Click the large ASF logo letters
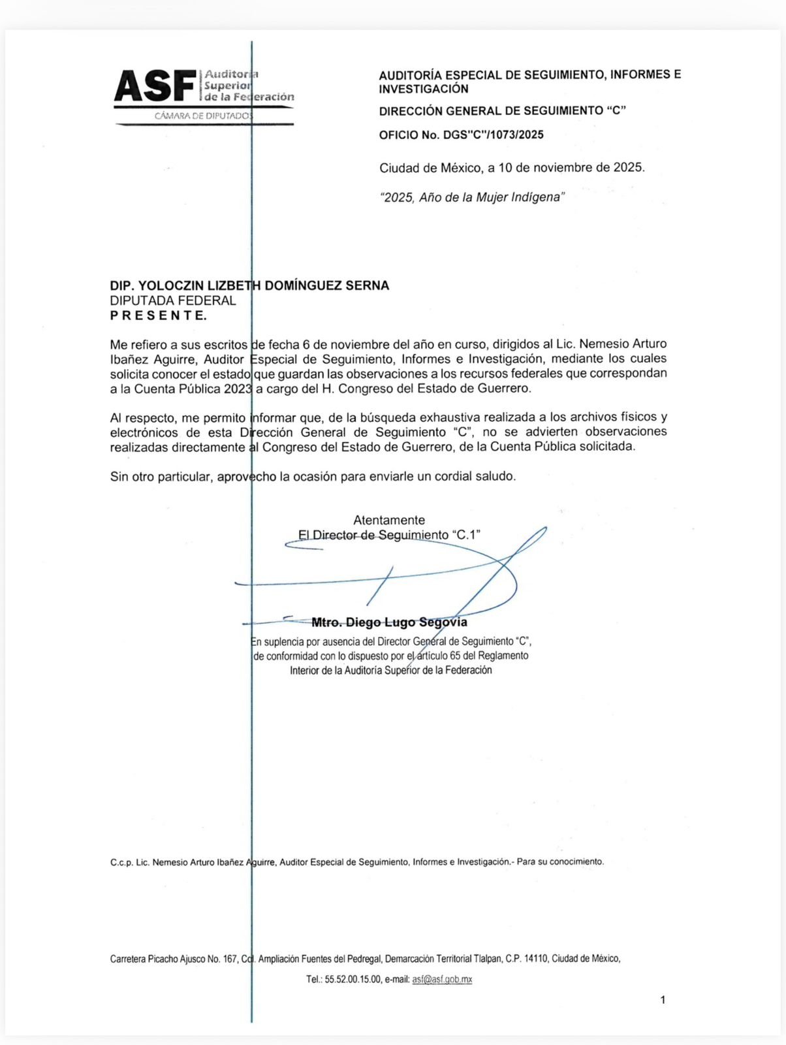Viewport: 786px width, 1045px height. [155, 86]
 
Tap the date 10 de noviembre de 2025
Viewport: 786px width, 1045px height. [571, 167]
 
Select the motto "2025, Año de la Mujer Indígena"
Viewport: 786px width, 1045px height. [472, 197]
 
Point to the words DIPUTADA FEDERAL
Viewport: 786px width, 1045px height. [173, 300]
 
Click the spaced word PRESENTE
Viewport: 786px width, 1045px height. [158, 315]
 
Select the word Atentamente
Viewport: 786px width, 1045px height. [389, 520]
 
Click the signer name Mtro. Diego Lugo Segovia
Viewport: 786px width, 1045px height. [390, 622]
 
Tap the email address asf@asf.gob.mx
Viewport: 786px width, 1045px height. [442, 979]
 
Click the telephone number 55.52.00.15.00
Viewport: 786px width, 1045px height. [353, 979]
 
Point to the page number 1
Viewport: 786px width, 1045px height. [663, 999]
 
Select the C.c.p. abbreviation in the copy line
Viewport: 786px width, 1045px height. [121, 861]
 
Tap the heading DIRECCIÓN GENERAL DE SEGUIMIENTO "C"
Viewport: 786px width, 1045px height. [502, 111]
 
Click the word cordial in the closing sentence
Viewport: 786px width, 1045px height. [453, 476]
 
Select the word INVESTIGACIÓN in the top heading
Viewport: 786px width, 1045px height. [424, 89]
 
